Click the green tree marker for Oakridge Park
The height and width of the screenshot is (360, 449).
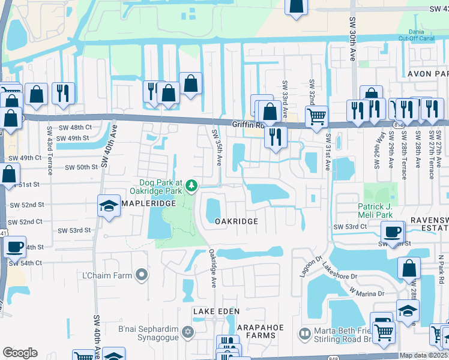point(191,185)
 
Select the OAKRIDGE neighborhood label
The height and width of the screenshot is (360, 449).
point(237,221)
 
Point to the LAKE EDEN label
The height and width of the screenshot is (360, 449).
point(216,311)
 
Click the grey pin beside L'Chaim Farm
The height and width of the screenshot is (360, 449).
point(142,275)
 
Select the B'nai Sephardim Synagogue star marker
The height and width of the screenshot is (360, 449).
point(187,332)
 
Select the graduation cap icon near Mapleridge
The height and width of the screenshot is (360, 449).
point(109,206)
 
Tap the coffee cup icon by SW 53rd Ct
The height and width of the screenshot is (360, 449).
point(393,232)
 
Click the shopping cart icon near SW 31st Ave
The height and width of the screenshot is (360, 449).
point(316,115)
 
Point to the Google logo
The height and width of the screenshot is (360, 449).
point(20,353)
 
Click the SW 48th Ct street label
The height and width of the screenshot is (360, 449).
point(74,127)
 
